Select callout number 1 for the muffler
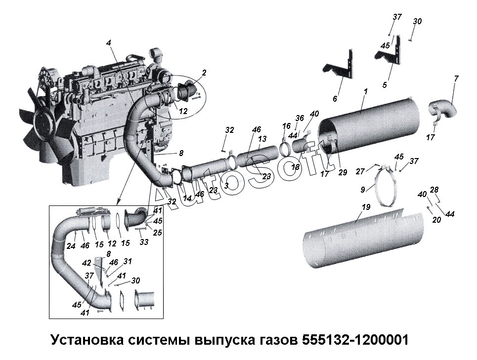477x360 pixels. [365, 92]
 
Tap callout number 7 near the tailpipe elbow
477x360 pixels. [456, 79]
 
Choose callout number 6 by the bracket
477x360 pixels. [335, 99]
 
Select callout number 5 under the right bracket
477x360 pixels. [385, 84]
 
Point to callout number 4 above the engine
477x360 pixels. [108, 42]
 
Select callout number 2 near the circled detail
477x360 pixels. [204, 73]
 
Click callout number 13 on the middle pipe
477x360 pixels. [262, 139]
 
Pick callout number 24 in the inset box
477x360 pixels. [71, 246]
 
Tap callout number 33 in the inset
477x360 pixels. [144, 242]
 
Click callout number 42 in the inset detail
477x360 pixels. [87, 263]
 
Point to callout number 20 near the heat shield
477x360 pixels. [436, 220]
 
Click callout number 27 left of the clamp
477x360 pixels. [360, 171]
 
